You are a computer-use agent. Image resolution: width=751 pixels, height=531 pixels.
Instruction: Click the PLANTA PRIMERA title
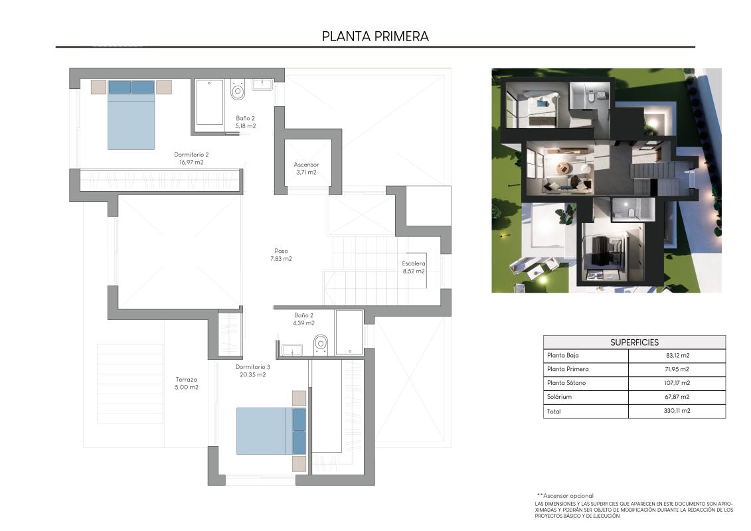coord(375,37)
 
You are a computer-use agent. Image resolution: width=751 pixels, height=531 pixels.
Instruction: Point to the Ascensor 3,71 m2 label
coord(306,168)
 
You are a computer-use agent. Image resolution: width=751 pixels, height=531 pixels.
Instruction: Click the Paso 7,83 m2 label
coord(281,255)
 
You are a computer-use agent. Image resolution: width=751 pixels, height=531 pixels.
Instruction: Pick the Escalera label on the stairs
coord(413,267)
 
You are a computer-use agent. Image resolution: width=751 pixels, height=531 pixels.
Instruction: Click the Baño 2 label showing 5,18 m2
coord(245,121)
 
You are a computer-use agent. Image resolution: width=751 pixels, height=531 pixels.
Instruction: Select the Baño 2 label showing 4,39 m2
coord(303,319)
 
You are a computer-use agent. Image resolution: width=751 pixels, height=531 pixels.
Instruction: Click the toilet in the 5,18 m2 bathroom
coord(238,90)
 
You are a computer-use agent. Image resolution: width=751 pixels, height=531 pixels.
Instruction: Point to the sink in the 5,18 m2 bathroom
coord(263,84)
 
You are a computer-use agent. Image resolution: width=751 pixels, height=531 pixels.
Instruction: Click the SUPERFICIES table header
coord(634,342)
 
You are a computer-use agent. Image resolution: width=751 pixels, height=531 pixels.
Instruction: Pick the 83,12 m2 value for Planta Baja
coord(677,356)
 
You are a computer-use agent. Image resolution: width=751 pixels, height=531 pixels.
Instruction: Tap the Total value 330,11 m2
coord(677,412)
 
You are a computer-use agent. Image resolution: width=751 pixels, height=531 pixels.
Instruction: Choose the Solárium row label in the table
coord(559,397)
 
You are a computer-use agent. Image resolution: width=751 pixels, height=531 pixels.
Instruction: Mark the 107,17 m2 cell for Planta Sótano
coord(677,383)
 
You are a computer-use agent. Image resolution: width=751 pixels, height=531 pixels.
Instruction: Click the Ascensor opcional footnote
coord(565,496)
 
